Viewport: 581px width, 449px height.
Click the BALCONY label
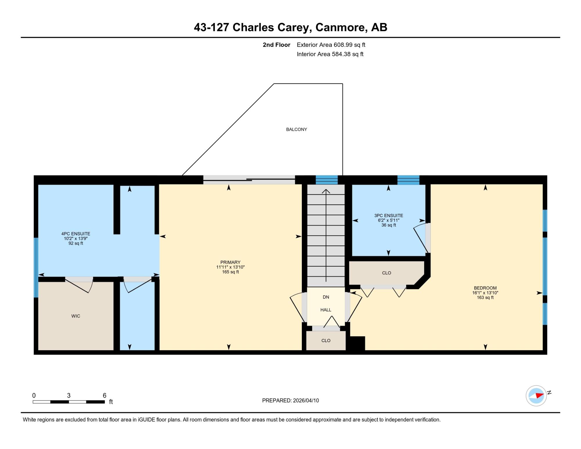pyautogui.click(x=296, y=129)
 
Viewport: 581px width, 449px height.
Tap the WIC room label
pyautogui.click(x=76, y=316)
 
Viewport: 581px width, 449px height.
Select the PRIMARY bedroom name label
pyautogui.click(x=230, y=262)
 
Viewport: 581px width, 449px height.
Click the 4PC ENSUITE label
pyautogui.click(x=76, y=234)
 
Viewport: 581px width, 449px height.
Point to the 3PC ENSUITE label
pyautogui.click(x=388, y=216)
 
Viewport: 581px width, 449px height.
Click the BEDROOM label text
pyautogui.click(x=485, y=288)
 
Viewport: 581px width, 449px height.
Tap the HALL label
pyautogui.click(x=326, y=310)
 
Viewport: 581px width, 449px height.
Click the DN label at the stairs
pyautogui.click(x=326, y=297)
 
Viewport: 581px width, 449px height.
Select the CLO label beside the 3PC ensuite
pyautogui.click(x=386, y=273)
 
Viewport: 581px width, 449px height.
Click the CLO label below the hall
pyautogui.click(x=326, y=340)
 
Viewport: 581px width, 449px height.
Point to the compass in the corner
pyautogui.click(x=536, y=396)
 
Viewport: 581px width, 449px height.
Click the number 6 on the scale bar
pyautogui.click(x=104, y=395)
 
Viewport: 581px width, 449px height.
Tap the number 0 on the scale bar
pyautogui.click(x=34, y=395)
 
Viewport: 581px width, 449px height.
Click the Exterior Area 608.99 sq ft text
pyautogui.click(x=331, y=45)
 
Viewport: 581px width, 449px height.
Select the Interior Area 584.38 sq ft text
pyautogui.click(x=330, y=54)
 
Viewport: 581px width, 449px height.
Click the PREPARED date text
pyautogui.click(x=290, y=400)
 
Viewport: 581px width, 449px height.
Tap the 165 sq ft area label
pyautogui.click(x=230, y=272)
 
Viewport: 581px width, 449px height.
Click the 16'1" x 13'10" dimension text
pyautogui.click(x=485, y=293)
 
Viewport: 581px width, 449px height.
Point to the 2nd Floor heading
pyautogui.click(x=277, y=45)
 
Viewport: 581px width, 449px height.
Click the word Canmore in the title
pyautogui.click(x=340, y=27)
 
